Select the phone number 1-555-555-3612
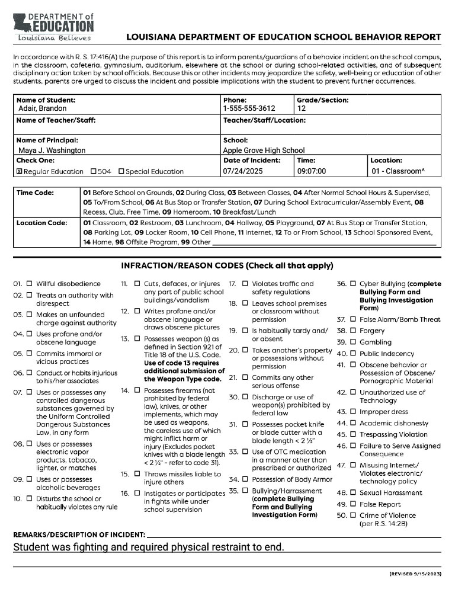click(249, 109)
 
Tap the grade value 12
click(302, 109)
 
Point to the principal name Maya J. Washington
click(52, 151)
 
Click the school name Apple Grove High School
click(264, 151)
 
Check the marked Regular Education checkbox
click(18, 172)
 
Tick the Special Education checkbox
click(121, 172)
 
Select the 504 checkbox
click(94, 172)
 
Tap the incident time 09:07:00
click(311, 172)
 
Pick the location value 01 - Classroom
click(398, 172)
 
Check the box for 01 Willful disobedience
click(30, 284)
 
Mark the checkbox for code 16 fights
click(137, 493)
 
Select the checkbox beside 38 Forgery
click(353, 331)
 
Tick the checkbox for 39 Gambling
click(353, 342)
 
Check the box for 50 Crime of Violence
click(353, 516)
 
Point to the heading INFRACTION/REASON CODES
click(227, 265)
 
